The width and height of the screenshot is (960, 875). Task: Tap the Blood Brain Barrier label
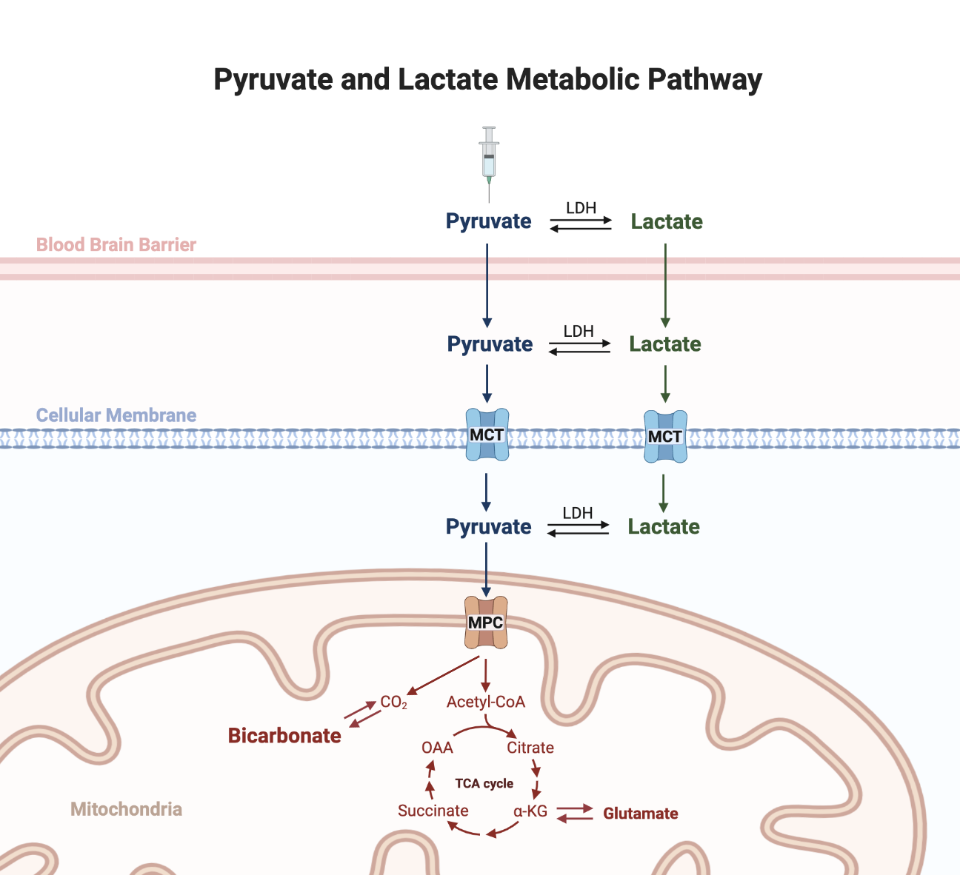(116, 244)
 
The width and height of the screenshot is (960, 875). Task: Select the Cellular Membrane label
(116, 415)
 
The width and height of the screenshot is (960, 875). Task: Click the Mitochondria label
(126, 809)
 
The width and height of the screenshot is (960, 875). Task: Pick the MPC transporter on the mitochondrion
(486, 623)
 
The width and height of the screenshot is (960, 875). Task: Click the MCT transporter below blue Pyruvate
(487, 435)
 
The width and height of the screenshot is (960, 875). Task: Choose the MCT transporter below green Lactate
(665, 437)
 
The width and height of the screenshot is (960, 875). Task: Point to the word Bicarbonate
(284, 736)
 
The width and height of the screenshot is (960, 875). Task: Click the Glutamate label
(641, 814)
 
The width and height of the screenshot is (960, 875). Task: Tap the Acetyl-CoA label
(486, 702)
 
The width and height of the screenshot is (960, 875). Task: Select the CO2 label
(393, 702)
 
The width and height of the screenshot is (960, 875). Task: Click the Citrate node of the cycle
(530, 748)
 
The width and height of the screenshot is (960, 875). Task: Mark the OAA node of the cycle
(437, 748)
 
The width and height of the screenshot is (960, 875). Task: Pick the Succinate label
(433, 811)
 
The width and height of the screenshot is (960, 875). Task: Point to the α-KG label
(530, 811)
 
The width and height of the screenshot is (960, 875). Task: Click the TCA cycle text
(484, 783)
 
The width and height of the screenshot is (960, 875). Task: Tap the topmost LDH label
(581, 208)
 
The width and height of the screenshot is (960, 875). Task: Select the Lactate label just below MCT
(664, 526)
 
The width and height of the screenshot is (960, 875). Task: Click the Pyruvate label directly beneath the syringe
(489, 221)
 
